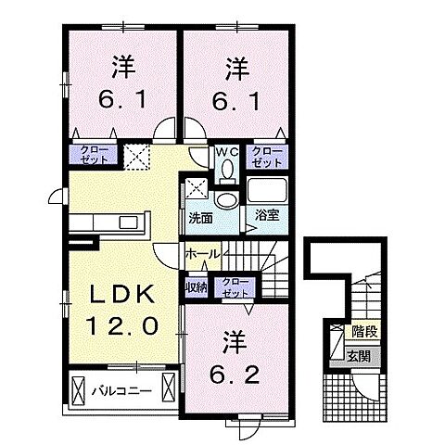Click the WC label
[227, 152]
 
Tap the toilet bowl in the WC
[227, 171]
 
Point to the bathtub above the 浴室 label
[268, 191]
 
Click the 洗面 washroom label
[200, 219]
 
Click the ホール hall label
[201, 253]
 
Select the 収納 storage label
[196, 286]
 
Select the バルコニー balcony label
[121, 389]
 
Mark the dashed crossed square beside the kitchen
[136, 158]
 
